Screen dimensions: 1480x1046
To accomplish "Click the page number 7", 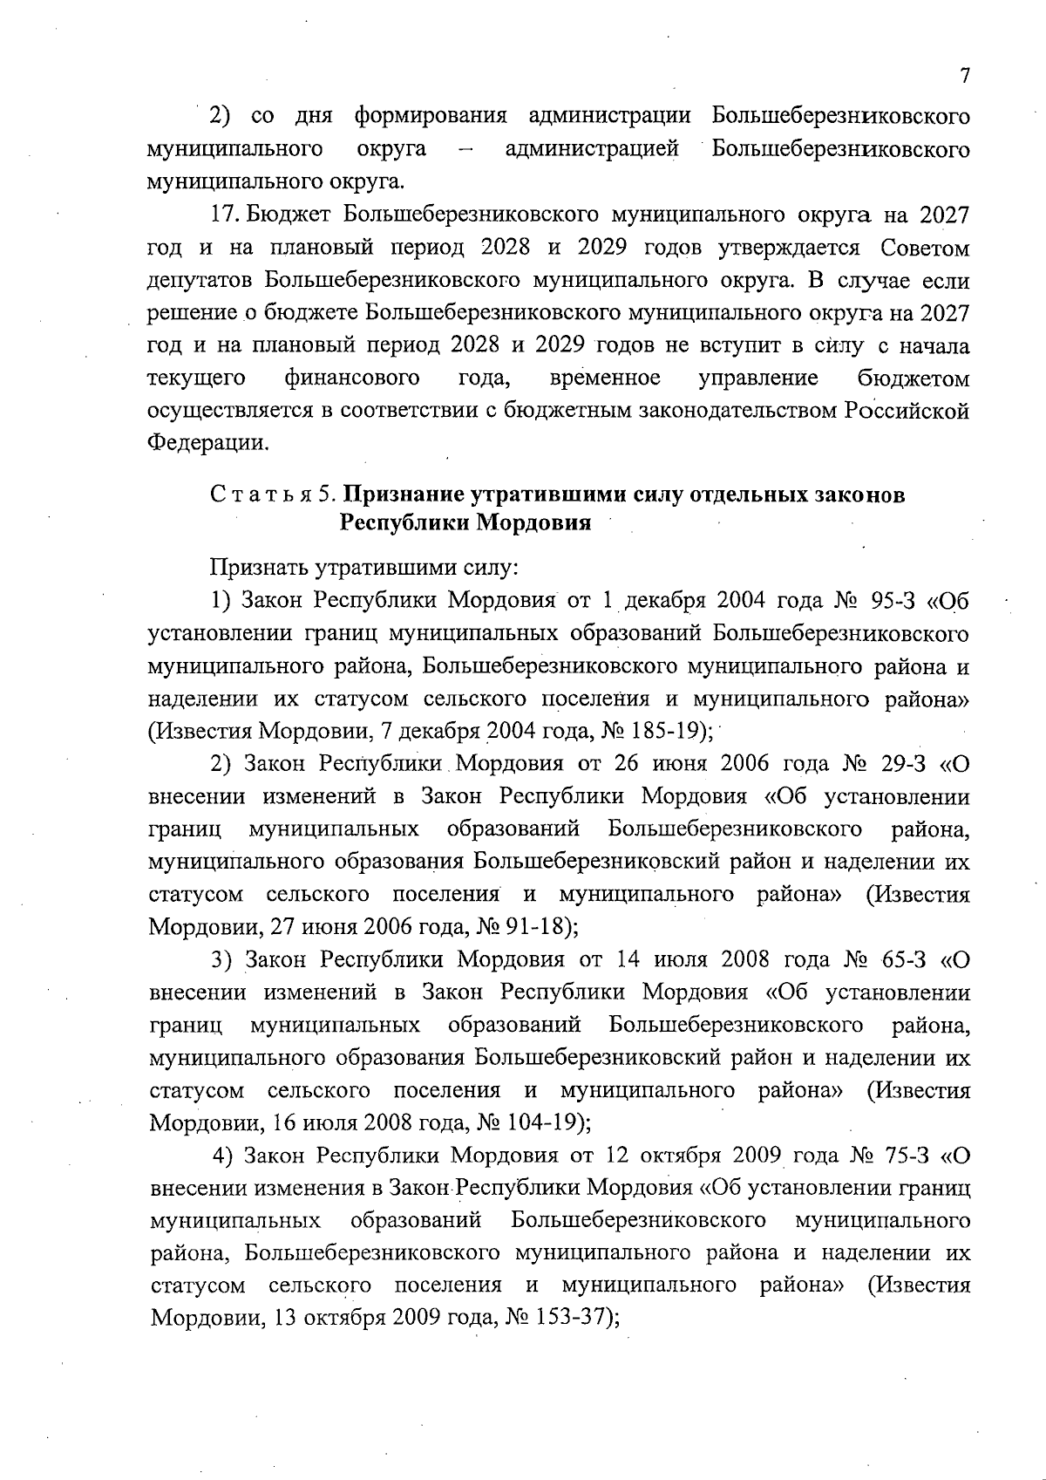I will (964, 76).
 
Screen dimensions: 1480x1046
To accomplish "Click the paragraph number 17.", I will (224, 215).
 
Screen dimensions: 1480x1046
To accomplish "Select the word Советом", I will (925, 248).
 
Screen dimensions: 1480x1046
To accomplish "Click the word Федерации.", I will (206, 443).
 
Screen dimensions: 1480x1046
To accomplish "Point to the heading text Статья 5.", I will (272, 494).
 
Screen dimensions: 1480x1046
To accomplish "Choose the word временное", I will (605, 378).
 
